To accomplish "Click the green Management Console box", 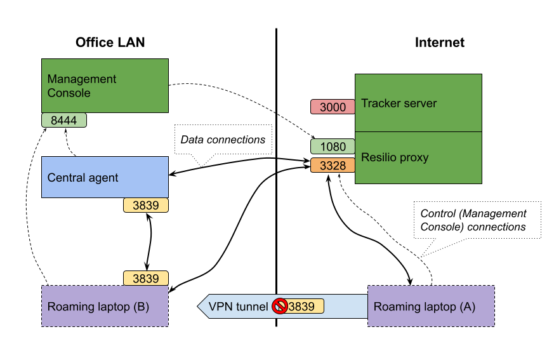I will tap(105, 86).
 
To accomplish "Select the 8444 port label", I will tap(63, 120).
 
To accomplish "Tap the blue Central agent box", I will tap(105, 177).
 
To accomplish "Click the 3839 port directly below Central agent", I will tap(145, 205).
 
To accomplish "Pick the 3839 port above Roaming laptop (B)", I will tap(145, 278).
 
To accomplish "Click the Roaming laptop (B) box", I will tap(105, 306).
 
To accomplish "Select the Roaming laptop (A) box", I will tap(431, 306).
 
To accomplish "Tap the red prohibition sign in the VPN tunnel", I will tap(280, 306).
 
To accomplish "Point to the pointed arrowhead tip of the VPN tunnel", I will tap(199, 306).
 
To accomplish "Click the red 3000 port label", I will tap(333, 107).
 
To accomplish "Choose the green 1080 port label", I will tap(333, 147).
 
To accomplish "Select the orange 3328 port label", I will tap(333, 166).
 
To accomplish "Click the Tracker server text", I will tap(399, 103).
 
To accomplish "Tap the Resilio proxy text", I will tap(395, 157).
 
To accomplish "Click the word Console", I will tap(69, 93).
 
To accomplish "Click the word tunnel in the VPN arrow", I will tap(252, 307).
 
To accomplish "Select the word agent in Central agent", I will tap(103, 178).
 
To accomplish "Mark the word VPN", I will tap(220, 307).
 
